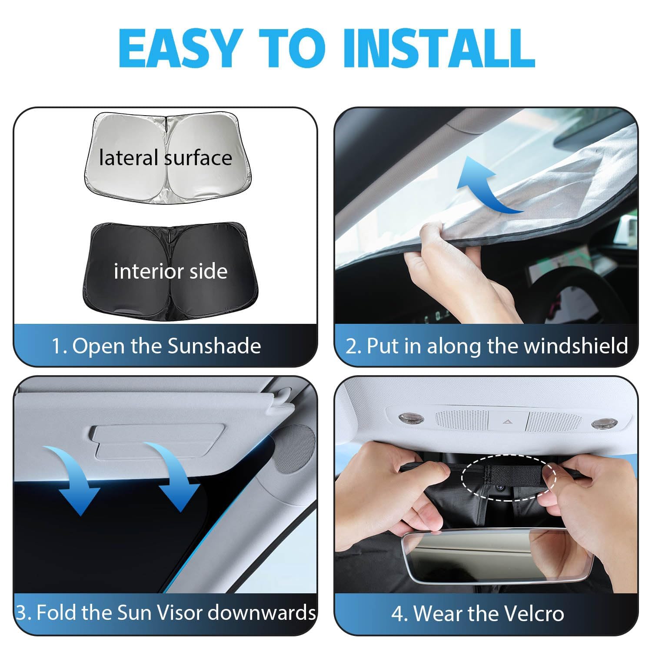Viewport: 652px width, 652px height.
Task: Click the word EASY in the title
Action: coord(179,48)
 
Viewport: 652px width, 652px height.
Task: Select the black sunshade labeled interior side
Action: coord(170,270)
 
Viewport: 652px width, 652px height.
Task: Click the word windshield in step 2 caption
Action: coord(576,346)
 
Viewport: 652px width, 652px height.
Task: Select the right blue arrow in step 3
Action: coord(174,474)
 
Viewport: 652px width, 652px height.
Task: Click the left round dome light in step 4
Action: coord(409,419)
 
